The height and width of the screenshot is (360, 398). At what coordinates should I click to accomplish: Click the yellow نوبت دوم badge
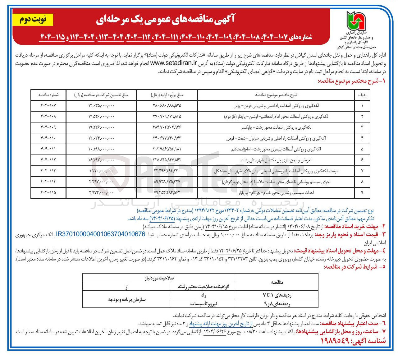33,20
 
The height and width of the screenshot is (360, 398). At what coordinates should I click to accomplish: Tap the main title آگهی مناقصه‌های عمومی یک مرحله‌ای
166,20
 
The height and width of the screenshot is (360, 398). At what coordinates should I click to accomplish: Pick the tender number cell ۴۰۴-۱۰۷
48,105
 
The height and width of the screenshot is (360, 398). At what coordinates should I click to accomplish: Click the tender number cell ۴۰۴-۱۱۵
48,192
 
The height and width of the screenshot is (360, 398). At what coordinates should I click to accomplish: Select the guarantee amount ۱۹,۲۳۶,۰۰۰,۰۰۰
101,127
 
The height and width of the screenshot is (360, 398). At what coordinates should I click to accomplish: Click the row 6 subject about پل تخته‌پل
276,160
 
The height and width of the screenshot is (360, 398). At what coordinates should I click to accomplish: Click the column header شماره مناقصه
48,95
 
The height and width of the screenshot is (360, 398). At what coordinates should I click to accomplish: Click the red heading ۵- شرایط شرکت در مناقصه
355,267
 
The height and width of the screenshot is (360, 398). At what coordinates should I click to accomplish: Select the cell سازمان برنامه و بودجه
127,299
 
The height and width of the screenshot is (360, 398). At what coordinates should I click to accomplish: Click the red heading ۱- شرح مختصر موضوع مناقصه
351,81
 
